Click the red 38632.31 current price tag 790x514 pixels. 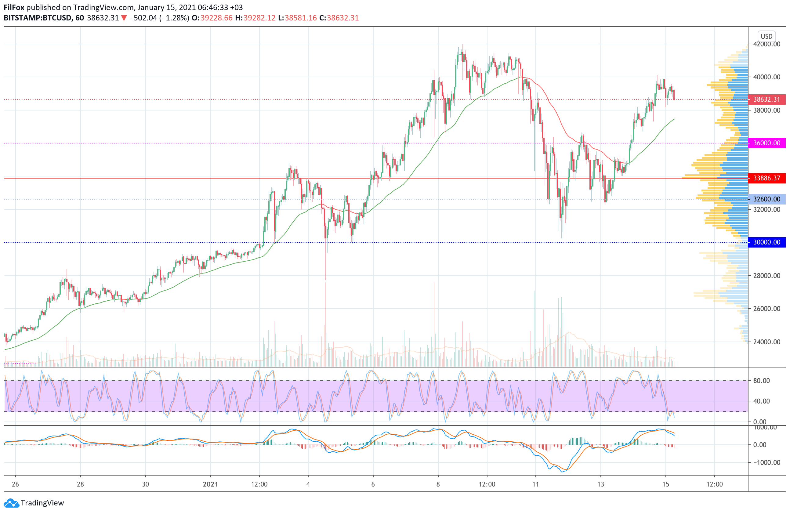tap(766, 99)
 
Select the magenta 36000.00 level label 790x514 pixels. tap(766, 143)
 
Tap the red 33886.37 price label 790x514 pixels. tap(766, 178)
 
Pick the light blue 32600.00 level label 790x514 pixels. tap(766, 199)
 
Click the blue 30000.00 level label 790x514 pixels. tap(766, 242)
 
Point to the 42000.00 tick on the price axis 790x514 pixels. tap(767, 44)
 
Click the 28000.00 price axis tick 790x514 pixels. tap(767, 276)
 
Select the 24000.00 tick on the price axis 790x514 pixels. tap(767, 342)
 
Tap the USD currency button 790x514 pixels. tap(766, 36)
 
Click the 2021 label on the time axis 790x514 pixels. tap(210, 484)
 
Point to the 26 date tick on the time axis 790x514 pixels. tap(15, 484)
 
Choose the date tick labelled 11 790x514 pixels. tap(536, 484)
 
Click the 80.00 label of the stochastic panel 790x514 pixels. tap(761, 381)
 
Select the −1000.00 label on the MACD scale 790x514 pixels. tap(764, 462)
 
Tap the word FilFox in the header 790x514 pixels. tap(14, 7)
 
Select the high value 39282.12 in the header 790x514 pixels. tap(259, 18)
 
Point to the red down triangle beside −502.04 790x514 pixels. tap(124, 18)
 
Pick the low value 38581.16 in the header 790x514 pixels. tap(301, 18)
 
